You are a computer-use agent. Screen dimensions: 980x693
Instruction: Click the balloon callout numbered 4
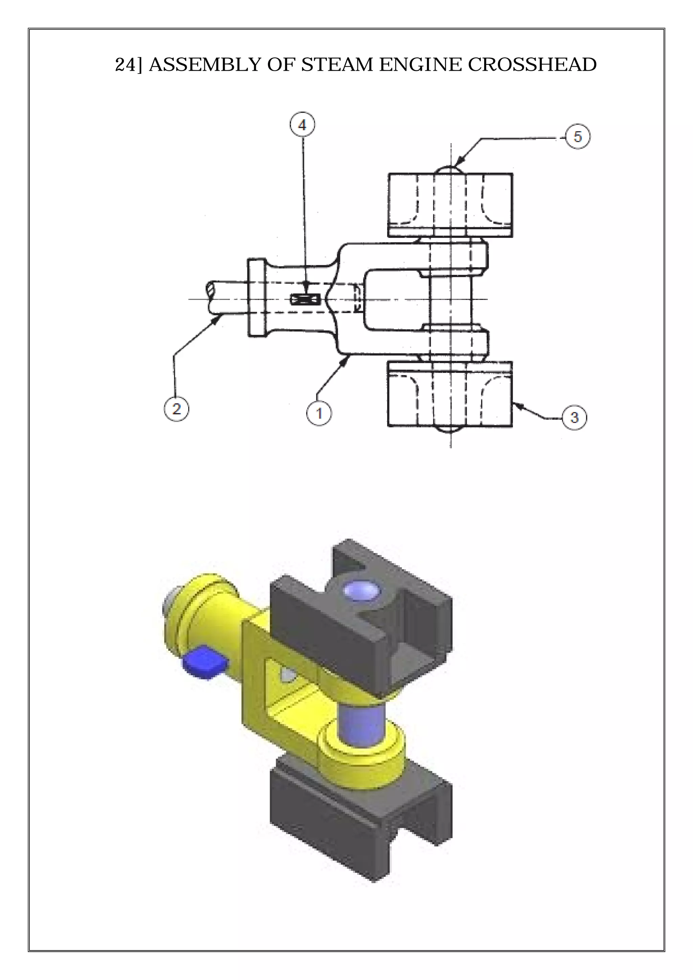[302, 125]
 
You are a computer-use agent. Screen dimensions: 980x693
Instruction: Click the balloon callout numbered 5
[577, 137]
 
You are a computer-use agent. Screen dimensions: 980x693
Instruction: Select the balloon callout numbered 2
[176, 409]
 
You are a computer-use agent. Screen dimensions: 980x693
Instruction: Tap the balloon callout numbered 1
[319, 413]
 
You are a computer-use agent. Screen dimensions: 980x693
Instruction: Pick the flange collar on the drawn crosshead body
[256, 297]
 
